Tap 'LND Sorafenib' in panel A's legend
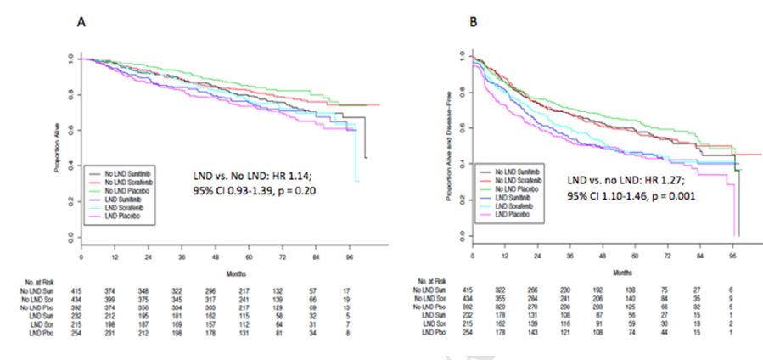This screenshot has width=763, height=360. (119, 211)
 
